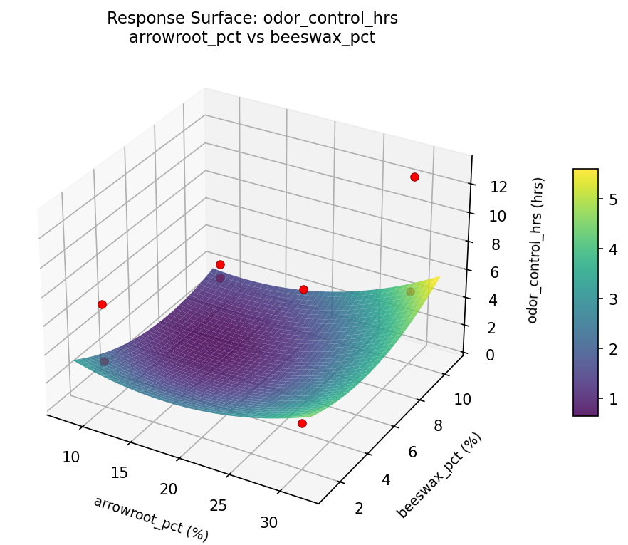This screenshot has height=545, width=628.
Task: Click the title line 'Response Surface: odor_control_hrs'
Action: [252, 19]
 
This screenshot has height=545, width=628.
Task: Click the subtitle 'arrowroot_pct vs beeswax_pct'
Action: [252, 38]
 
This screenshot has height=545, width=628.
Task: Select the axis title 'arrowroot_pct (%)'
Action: [151, 519]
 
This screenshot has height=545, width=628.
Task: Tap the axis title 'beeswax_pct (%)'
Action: [439, 474]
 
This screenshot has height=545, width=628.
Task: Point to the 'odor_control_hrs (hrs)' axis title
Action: [539, 249]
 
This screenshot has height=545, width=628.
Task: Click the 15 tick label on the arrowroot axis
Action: [120, 472]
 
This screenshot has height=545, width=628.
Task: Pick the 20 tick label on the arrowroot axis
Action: [169, 489]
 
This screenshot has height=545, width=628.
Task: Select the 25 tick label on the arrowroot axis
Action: [219, 505]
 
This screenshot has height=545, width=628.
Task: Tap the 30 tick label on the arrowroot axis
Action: [269, 522]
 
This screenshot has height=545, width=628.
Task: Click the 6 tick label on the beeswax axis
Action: [412, 452]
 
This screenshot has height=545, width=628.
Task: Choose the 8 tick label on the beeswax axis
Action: [437, 426]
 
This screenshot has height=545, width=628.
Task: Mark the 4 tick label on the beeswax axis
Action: [387, 479]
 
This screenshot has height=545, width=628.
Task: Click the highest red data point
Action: [414, 177]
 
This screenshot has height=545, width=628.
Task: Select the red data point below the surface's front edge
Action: [302, 423]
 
